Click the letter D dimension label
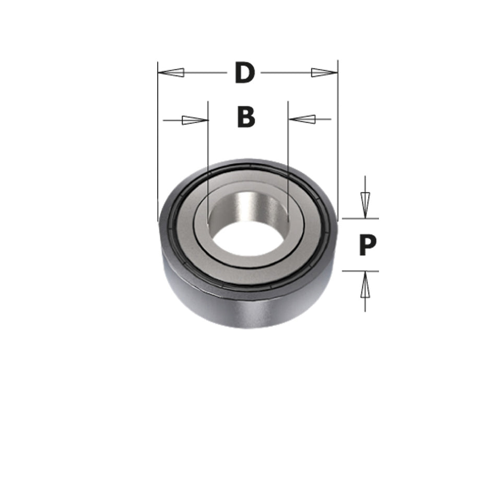click(244, 73)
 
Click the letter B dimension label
click(246, 117)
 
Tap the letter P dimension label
click(368, 245)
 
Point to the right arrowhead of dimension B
click(302, 119)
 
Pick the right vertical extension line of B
click(288, 151)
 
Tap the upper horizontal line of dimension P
click(360, 218)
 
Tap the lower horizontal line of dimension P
click(360, 271)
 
